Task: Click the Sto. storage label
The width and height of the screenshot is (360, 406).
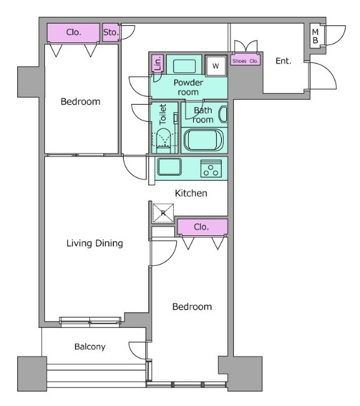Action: (111, 32)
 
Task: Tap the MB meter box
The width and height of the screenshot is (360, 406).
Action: (315, 36)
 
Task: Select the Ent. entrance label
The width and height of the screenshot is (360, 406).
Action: (283, 61)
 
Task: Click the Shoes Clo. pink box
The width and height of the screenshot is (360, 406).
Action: (245, 61)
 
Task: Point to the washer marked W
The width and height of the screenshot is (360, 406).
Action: (215, 66)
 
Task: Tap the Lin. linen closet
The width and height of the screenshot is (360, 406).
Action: (157, 63)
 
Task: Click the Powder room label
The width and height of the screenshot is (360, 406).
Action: (188, 88)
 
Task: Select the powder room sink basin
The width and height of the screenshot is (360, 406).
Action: (184, 66)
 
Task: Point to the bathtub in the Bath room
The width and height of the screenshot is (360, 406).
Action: (203, 140)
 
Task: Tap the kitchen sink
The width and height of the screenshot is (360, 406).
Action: (169, 167)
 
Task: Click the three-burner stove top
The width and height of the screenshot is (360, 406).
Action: (211, 169)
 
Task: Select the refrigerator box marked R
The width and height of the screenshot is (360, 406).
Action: (163, 213)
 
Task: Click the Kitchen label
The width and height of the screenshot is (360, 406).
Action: (191, 193)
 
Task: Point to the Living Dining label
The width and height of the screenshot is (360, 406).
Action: (94, 243)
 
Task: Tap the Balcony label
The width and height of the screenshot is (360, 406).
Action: (90, 347)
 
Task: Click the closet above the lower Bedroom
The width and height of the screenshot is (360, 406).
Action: (202, 227)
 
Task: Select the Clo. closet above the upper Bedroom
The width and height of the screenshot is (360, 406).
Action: (74, 32)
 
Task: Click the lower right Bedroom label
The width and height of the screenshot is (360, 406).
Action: (192, 307)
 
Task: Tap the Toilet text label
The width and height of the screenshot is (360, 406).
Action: (163, 114)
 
